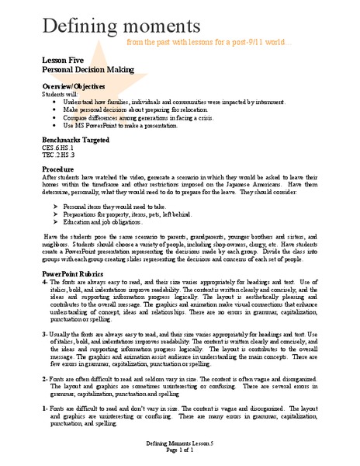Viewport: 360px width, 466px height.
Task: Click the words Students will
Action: [57, 92]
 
